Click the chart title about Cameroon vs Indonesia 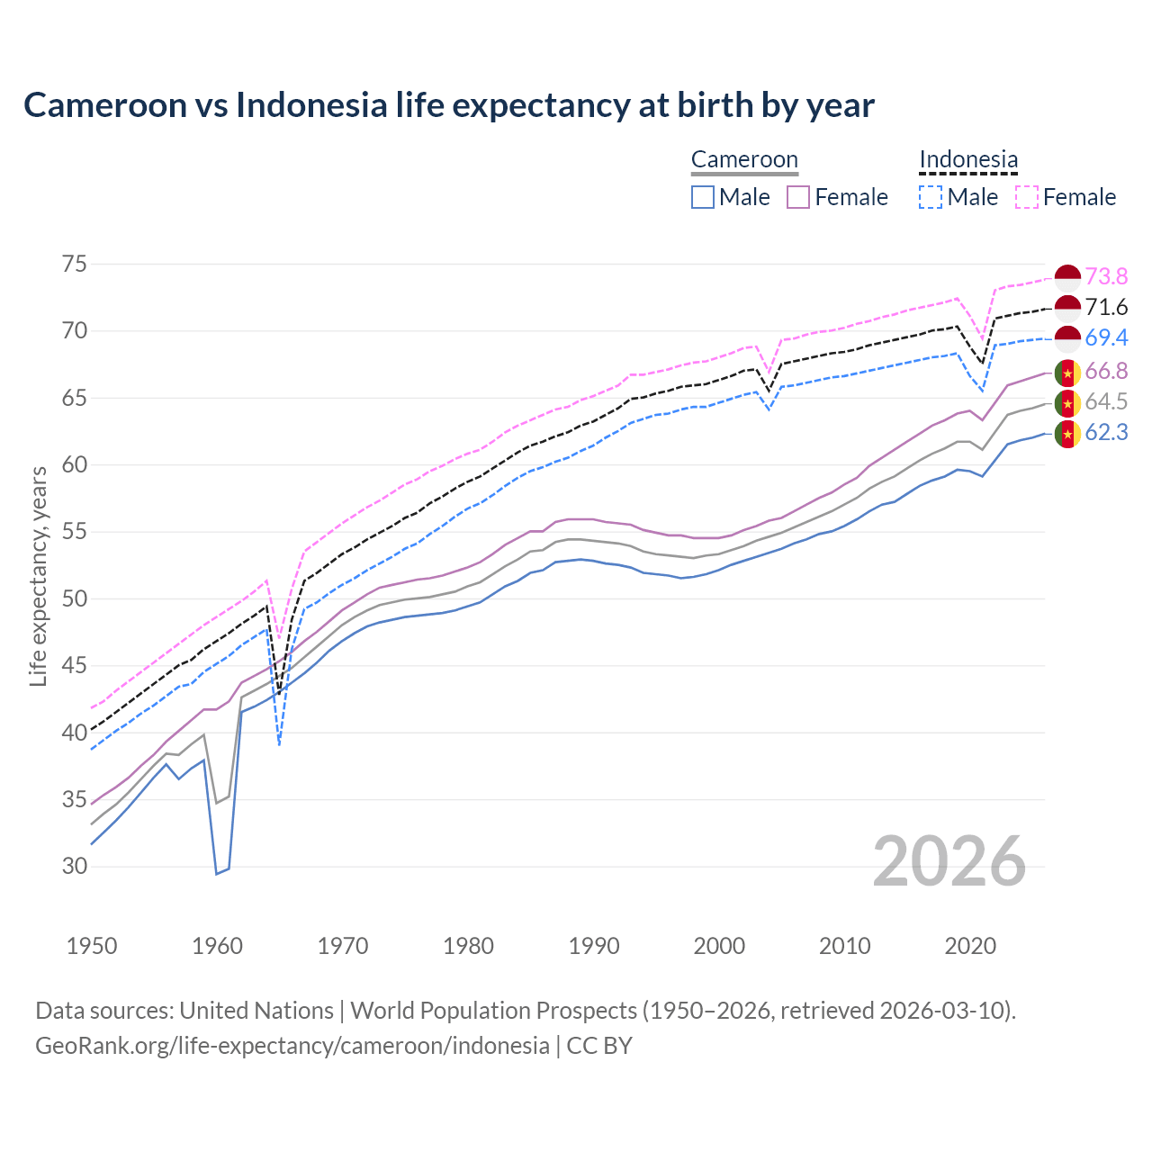448,105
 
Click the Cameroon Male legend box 703,197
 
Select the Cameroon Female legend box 798,197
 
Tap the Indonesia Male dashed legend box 931,197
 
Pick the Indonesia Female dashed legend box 1027,197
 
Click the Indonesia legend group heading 968,160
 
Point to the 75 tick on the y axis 75,265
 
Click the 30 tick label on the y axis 75,867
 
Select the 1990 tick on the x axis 594,946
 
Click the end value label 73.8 1106,276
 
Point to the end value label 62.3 1106,433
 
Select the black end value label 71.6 1106,308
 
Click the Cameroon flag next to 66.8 1067,372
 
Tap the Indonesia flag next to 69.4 1067,338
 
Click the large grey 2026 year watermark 949,861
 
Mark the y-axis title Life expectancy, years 38,576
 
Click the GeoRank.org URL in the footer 292,1046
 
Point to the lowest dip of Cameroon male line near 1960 217,873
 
